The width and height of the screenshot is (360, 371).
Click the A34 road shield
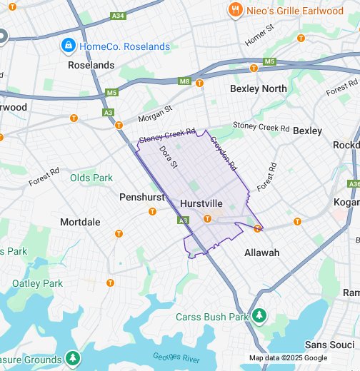118,14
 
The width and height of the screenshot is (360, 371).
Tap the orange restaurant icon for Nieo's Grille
234,9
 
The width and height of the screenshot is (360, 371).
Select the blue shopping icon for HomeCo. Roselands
68,46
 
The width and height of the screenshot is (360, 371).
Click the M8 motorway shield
185,81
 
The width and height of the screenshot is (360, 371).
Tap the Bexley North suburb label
258,88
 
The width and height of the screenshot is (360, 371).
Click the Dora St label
168,157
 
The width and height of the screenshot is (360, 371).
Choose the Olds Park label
91,178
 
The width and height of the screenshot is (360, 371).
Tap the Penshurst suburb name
142,196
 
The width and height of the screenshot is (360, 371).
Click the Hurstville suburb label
202,203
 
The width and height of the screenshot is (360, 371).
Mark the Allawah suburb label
261,253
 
